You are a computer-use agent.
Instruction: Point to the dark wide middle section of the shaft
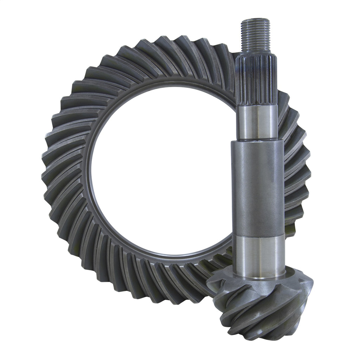click(257, 186)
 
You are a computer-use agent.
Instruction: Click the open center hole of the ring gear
click(158, 169)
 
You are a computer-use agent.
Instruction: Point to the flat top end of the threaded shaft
click(256, 20)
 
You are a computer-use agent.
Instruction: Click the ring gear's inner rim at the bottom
click(158, 255)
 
